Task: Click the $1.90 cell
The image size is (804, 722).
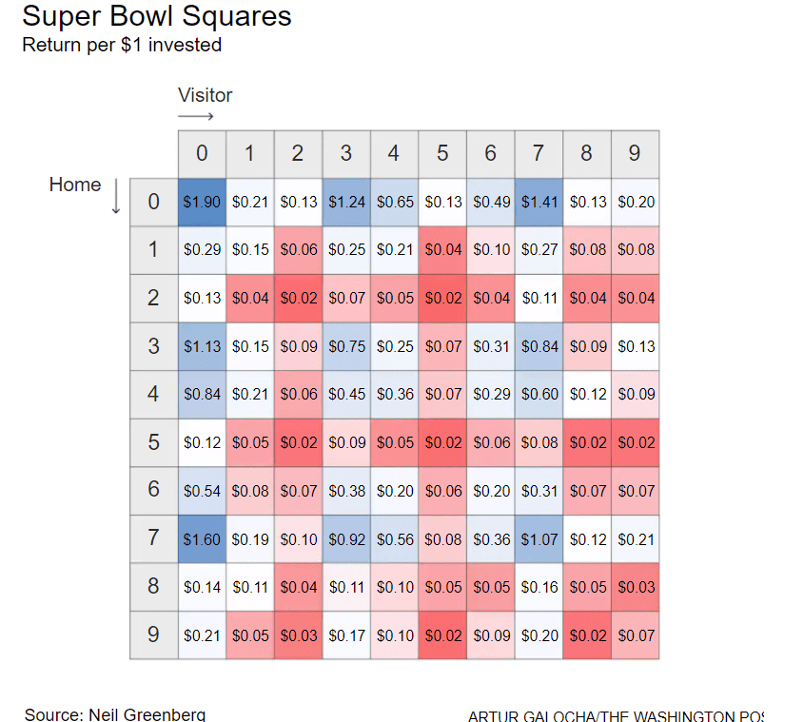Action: click(202, 202)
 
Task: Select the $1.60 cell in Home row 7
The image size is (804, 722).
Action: click(202, 539)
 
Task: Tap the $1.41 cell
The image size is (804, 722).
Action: click(539, 202)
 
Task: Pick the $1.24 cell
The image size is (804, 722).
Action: click(345, 202)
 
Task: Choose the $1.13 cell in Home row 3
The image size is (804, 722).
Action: click(202, 346)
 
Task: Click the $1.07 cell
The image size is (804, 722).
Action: click(539, 539)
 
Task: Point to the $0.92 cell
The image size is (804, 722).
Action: click(345, 539)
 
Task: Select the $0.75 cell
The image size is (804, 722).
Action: click(345, 346)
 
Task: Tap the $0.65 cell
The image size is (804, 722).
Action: click(394, 202)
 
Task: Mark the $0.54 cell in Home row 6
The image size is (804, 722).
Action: click(202, 491)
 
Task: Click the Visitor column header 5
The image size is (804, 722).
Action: click(442, 153)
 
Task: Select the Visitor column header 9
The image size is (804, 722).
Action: click(635, 153)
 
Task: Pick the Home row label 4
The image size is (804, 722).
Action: click(153, 394)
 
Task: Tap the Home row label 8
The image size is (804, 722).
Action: click(153, 587)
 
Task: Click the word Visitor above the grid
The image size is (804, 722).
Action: click(205, 95)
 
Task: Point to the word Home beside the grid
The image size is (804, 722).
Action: click(74, 185)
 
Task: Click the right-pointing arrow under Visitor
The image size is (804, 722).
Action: click(196, 117)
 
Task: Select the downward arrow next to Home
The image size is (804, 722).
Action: click(116, 197)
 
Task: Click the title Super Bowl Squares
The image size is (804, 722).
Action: click(157, 16)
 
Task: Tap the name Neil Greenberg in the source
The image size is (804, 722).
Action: click(147, 714)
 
